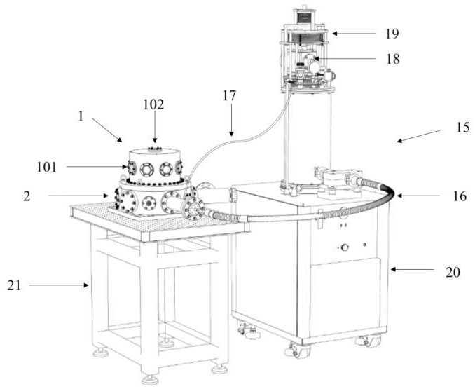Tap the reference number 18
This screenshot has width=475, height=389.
[x=392, y=59]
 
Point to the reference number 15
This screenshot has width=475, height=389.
[x=449, y=128]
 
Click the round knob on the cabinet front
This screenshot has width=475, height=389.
[x=343, y=247]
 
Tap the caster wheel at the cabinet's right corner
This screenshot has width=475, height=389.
[x=364, y=341]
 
